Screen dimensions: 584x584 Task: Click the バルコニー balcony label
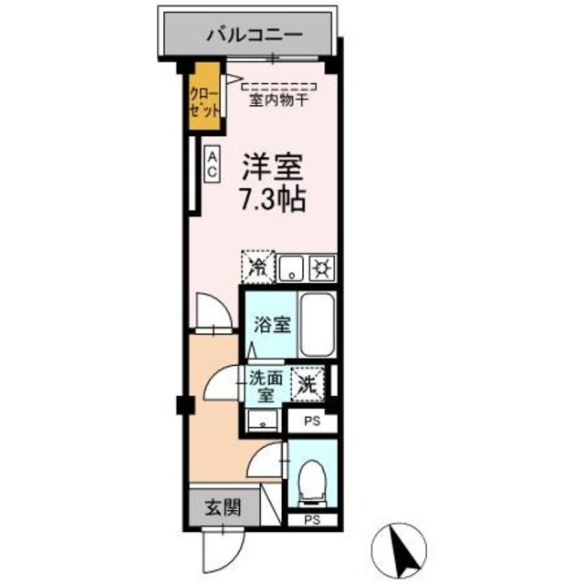(253, 37)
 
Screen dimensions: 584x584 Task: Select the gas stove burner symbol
(320, 268)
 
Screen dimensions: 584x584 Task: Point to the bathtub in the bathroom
(318, 325)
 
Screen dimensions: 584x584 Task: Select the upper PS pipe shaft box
(311, 422)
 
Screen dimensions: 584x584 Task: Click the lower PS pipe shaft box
(311, 519)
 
